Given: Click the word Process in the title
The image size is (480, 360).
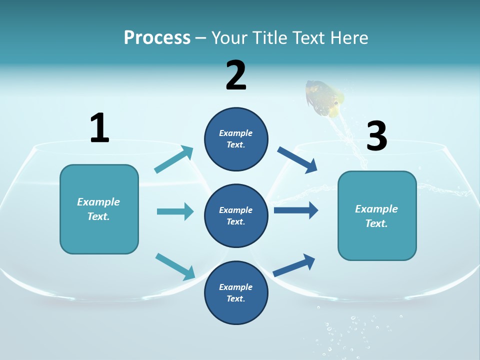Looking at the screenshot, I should [157, 38].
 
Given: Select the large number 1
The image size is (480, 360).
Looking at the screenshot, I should [99, 128].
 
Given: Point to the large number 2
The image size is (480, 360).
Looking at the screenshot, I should [236, 75].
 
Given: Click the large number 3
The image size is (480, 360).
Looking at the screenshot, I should [376, 136].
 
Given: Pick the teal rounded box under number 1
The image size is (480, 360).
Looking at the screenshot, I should [99, 209].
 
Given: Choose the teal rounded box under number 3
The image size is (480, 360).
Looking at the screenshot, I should [377, 216].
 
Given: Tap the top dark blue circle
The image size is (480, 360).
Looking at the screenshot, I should [236, 139].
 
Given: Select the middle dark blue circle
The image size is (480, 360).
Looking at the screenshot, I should [236, 216].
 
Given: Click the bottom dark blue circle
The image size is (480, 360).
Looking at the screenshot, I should [236, 293].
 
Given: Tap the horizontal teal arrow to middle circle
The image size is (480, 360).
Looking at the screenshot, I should [175, 211].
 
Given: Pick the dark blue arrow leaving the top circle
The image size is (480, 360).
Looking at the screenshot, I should [297, 159].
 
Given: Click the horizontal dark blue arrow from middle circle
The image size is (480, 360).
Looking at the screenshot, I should [296, 210].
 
